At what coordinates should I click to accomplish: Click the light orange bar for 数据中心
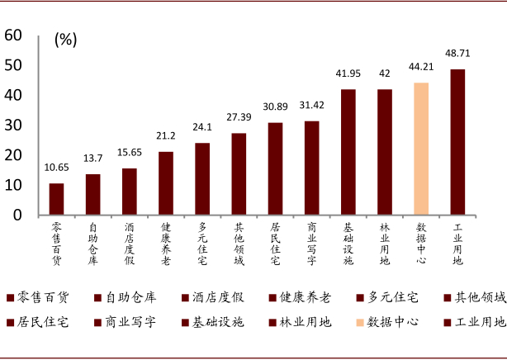click(x=421, y=149)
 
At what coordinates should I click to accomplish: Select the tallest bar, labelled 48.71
click(x=457, y=142)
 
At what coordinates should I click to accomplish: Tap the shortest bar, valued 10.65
click(x=56, y=199)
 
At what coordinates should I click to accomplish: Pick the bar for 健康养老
click(x=166, y=183)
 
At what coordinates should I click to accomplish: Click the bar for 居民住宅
click(x=275, y=168)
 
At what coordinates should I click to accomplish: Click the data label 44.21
click(x=421, y=67)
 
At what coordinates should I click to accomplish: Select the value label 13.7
click(x=92, y=159)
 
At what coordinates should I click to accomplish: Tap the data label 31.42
click(x=311, y=105)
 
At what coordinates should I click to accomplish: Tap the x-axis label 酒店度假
click(x=129, y=243)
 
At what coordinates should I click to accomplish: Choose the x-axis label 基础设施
click(x=348, y=243)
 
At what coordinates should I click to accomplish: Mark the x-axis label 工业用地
click(x=457, y=243)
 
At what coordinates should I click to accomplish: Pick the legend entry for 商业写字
click(x=129, y=322)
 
